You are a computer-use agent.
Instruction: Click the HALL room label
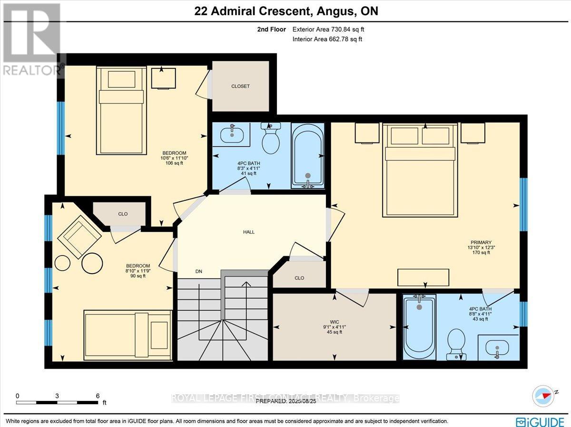tap(248, 232)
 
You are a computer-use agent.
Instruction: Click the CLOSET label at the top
tap(240, 86)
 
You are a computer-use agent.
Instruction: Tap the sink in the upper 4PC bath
tap(232, 134)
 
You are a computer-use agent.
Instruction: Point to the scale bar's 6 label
tap(98, 396)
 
